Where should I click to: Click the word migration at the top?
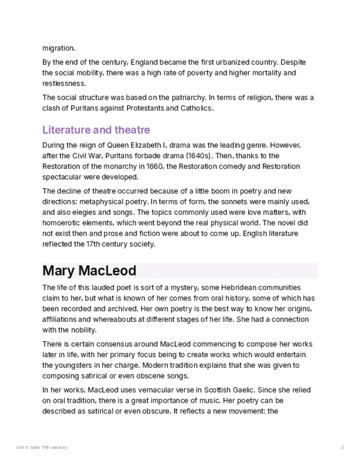coord(59,48)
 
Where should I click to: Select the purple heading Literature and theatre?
coord(96,130)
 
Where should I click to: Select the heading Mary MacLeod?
coord(89,270)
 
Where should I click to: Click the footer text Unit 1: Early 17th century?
coord(42,447)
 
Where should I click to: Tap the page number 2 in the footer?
coord(342,447)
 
